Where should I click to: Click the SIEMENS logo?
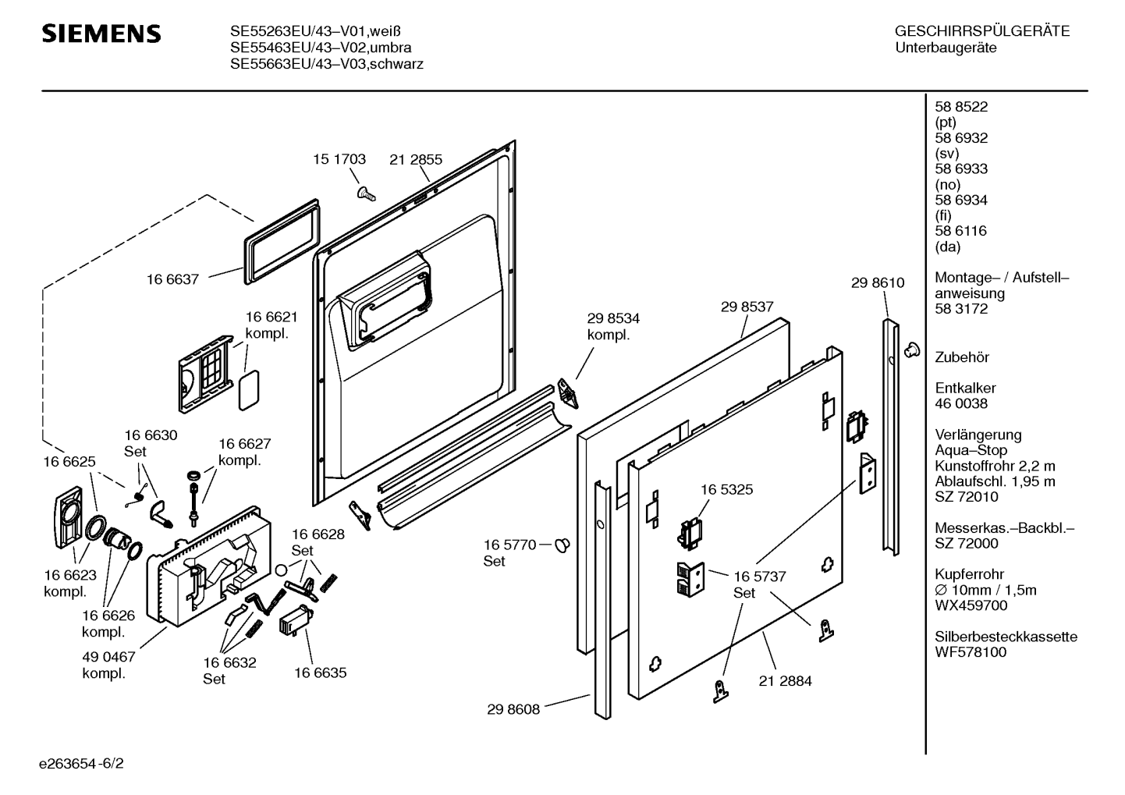click(x=101, y=34)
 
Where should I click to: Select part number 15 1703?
click(x=339, y=159)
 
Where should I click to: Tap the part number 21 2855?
click(x=416, y=159)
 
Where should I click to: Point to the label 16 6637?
click(x=172, y=279)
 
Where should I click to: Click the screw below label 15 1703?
click(x=364, y=191)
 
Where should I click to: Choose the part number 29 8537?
click(x=747, y=307)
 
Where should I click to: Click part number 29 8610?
click(x=878, y=282)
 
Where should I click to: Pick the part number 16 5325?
click(x=726, y=490)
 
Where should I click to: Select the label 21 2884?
click(x=785, y=681)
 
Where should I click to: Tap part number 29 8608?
click(x=513, y=710)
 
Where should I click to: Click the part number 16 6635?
click(x=320, y=673)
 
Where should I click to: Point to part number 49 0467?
click(x=109, y=658)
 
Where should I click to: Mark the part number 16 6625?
click(x=69, y=462)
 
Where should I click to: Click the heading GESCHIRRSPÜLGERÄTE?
click(x=981, y=32)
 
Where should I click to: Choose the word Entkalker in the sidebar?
click(x=966, y=388)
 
